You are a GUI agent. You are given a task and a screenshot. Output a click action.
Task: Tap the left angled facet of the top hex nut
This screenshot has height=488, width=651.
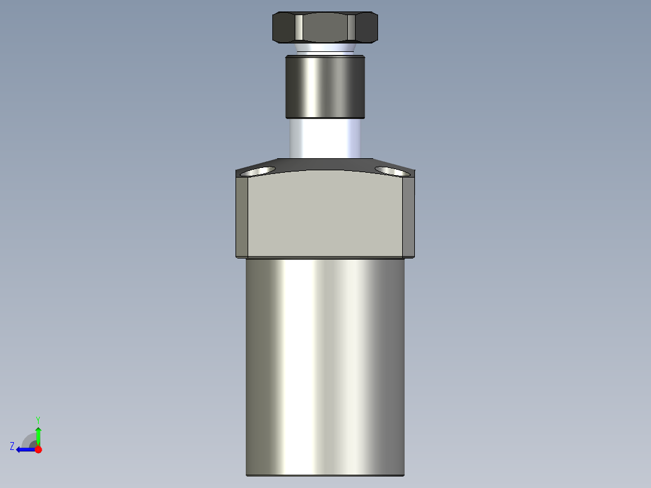coord(285,27)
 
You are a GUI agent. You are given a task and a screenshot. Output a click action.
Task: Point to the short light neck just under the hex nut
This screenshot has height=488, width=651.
coord(325,48)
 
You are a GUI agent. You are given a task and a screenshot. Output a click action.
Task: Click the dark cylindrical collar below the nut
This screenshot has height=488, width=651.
coord(325,86)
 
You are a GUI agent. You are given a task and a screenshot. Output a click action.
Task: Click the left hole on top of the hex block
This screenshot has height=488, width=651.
coord(258,172)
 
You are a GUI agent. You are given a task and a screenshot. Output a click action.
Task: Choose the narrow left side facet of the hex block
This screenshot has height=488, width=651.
coord(242,216)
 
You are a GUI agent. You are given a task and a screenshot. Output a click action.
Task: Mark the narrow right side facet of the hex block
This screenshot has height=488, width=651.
coord(408,216)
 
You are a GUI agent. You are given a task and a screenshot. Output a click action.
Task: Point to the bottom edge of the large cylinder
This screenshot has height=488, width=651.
coord(325,475)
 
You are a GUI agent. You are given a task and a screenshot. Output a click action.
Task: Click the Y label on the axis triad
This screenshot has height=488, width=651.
coord(37,419)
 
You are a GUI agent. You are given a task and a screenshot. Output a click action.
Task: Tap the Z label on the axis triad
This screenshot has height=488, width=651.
coord(12,446)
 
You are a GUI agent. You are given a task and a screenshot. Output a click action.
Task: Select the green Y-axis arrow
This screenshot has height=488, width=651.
coord(38,435)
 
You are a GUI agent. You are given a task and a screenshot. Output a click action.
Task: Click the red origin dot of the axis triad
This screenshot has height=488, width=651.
coord(38,449)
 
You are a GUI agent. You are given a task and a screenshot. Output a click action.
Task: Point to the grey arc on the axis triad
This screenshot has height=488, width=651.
coord(28,438)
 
